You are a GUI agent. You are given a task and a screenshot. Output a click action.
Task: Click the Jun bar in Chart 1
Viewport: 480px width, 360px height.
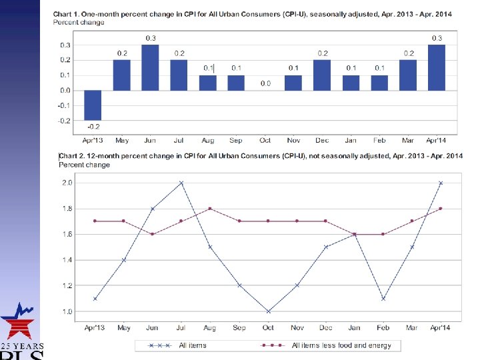tap(150, 67)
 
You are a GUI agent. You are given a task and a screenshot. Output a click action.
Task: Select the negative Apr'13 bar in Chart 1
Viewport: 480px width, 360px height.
tap(93, 105)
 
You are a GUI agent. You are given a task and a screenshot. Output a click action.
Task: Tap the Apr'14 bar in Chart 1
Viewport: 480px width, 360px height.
tap(436, 67)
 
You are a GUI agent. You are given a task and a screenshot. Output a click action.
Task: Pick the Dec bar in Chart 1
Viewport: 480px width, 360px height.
tap(322, 75)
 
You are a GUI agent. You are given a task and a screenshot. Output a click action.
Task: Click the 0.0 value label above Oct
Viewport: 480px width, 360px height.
tap(265, 83)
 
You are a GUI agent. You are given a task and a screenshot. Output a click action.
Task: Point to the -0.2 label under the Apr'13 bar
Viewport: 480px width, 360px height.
tap(93, 126)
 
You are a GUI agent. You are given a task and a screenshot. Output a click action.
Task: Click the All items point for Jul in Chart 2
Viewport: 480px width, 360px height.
tap(181, 183)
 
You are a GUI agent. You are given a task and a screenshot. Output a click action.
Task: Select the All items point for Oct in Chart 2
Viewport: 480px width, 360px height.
tap(267, 311)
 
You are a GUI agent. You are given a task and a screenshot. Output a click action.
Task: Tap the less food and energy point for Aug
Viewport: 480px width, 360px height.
tap(210, 209)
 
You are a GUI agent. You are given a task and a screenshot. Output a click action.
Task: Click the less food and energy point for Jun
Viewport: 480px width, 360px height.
tap(152, 234)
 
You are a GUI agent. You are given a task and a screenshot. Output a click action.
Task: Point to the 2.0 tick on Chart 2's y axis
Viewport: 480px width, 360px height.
tap(67, 183)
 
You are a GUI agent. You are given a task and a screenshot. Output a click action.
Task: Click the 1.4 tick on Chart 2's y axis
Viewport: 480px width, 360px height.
tap(67, 260)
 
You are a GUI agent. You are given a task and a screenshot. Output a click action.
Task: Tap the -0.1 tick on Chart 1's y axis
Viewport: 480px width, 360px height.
tap(63, 105)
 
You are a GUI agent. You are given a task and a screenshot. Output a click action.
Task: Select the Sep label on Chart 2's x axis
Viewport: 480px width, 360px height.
tap(239, 327)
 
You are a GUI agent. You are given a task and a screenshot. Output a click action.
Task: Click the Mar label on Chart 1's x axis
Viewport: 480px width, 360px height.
tap(407, 140)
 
